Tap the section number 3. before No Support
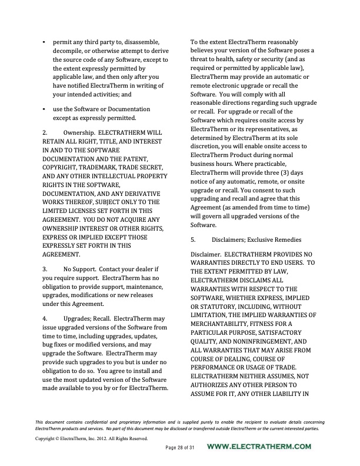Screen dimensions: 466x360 (x=45, y=268)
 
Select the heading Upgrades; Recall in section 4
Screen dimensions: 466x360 (x=86, y=318)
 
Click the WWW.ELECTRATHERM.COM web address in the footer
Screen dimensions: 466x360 (x=260, y=447)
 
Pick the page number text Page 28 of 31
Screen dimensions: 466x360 (x=179, y=448)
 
